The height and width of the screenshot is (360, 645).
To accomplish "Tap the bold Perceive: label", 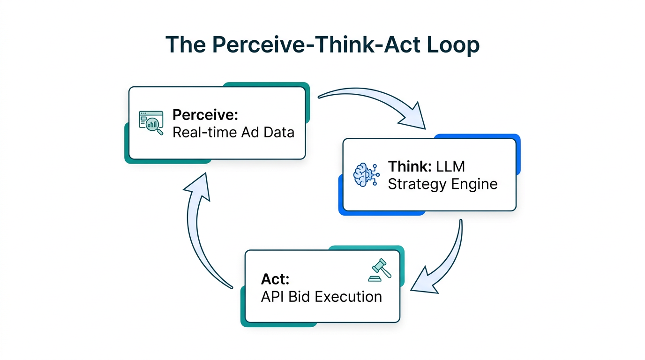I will point(205,115).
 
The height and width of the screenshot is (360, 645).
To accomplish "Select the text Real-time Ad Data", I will point(233,132).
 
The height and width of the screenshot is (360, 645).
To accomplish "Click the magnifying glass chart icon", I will point(151,123).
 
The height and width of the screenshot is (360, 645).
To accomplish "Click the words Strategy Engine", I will point(442,184).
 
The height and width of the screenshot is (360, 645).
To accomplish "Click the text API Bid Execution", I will point(321,297).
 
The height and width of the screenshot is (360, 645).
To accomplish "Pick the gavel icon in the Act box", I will point(380,270).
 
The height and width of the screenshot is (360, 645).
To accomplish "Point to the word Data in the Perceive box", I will point(278,132).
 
